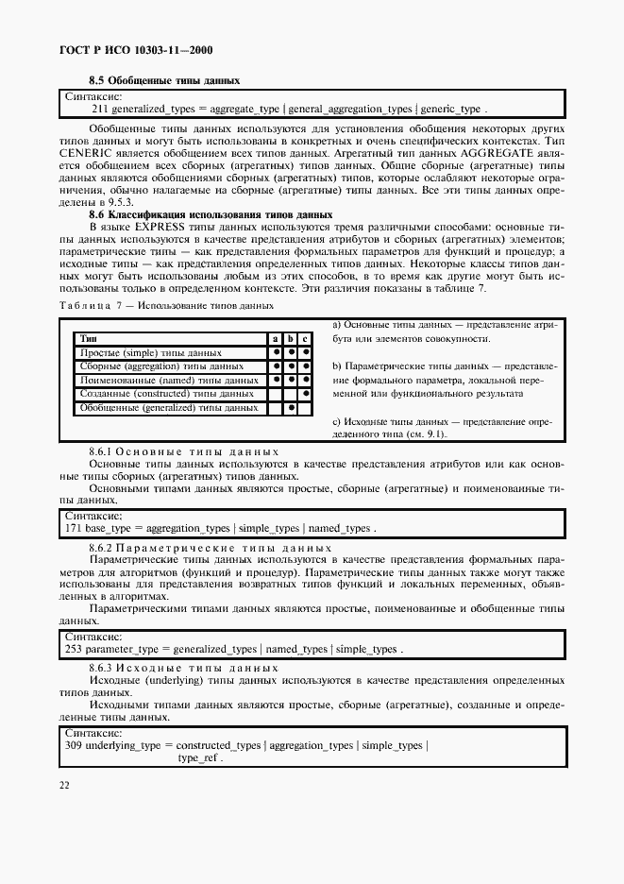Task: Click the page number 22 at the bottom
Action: [x=64, y=785]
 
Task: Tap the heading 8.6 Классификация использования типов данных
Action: [x=210, y=215]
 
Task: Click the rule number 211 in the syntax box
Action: [x=99, y=109]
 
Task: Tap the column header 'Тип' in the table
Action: [x=89, y=338]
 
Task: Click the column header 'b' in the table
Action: [x=292, y=338]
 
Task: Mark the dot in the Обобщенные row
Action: [x=292, y=408]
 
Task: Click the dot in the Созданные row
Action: [x=307, y=393]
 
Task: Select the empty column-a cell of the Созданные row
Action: [x=276, y=393]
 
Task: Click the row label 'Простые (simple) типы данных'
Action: [x=138, y=352]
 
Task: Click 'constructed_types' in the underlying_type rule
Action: [x=219, y=746]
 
